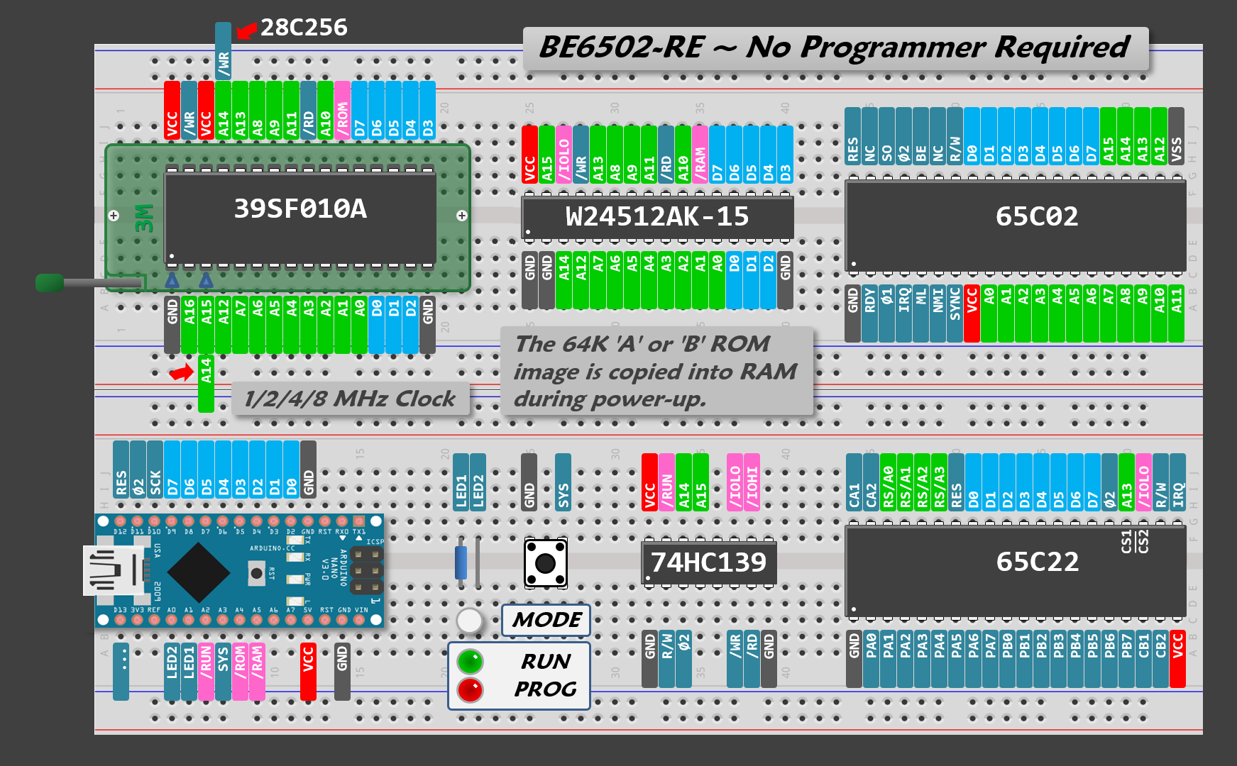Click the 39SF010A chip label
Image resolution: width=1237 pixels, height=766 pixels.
(300, 209)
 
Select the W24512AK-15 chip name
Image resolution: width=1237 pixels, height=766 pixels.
(657, 216)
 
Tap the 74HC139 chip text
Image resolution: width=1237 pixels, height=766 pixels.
(708, 562)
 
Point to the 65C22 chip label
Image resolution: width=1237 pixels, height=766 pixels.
(1037, 562)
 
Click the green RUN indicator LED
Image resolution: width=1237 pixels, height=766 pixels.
(470, 661)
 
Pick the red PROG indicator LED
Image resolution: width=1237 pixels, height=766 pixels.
(470, 689)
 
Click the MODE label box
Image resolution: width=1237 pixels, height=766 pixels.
(546, 620)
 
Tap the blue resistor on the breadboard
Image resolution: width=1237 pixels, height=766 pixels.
(461, 562)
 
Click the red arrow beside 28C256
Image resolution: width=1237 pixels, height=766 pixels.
(246, 30)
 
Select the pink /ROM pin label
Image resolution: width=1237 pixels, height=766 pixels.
(342, 111)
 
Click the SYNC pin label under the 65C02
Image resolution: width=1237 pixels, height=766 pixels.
(955, 304)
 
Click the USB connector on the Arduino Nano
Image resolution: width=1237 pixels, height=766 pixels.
(114, 570)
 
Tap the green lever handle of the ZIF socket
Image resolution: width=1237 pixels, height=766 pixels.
(50, 283)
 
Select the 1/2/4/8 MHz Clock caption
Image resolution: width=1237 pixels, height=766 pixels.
(350, 399)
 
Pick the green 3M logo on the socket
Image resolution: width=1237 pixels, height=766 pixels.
(144, 218)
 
